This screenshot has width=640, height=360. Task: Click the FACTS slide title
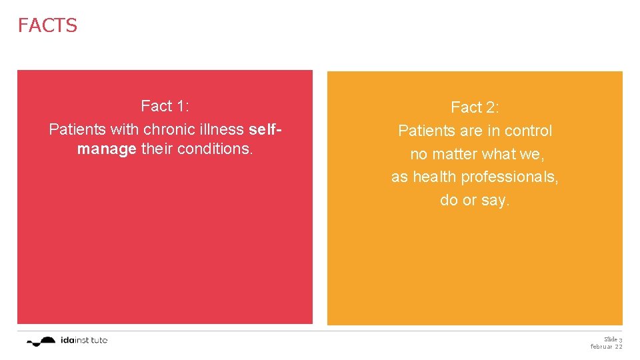(x=47, y=25)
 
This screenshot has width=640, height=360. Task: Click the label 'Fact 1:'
(x=165, y=106)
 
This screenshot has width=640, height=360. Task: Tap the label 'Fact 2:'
(x=475, y=107)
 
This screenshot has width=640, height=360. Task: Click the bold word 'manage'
(x=107, y=149)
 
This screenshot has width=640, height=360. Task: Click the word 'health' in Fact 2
(x=433, y=177)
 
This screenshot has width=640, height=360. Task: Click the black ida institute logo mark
(x=41, y=341)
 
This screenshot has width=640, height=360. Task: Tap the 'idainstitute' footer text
(x=83, y=341)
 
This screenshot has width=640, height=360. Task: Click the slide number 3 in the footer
(x=620, y=340)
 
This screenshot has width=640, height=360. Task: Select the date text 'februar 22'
(x=606, y=347)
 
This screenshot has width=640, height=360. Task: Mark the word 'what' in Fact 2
(x=499, y=154)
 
